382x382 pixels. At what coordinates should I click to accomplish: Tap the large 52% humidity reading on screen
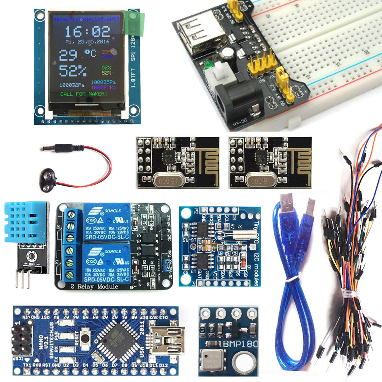point(73,71)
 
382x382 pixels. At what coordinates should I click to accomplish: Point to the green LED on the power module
point(209,65)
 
